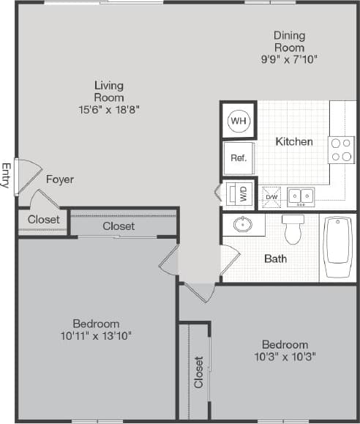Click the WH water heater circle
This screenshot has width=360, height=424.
pos(239,120)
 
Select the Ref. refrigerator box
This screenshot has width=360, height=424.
pos(239,157)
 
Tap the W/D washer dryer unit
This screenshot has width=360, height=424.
pos(239,195)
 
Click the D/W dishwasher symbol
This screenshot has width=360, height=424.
pos(271,196)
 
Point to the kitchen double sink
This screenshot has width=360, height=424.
pos(300,196)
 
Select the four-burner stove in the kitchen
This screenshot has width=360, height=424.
pos(341,149)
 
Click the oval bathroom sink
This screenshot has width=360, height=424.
pos(243,225)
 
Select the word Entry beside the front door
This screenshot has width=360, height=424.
pos(7,176)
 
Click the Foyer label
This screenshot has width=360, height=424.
pos(59,179)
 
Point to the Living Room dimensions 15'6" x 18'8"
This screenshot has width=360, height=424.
pos(108,109)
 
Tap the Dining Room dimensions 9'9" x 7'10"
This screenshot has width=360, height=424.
pos(289,59)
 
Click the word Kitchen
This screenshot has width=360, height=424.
pos(294,141)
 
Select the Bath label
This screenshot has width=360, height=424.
pos(275,259)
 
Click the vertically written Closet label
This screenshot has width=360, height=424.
pos(198,372)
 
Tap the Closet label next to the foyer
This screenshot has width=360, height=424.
pos(43,219)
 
